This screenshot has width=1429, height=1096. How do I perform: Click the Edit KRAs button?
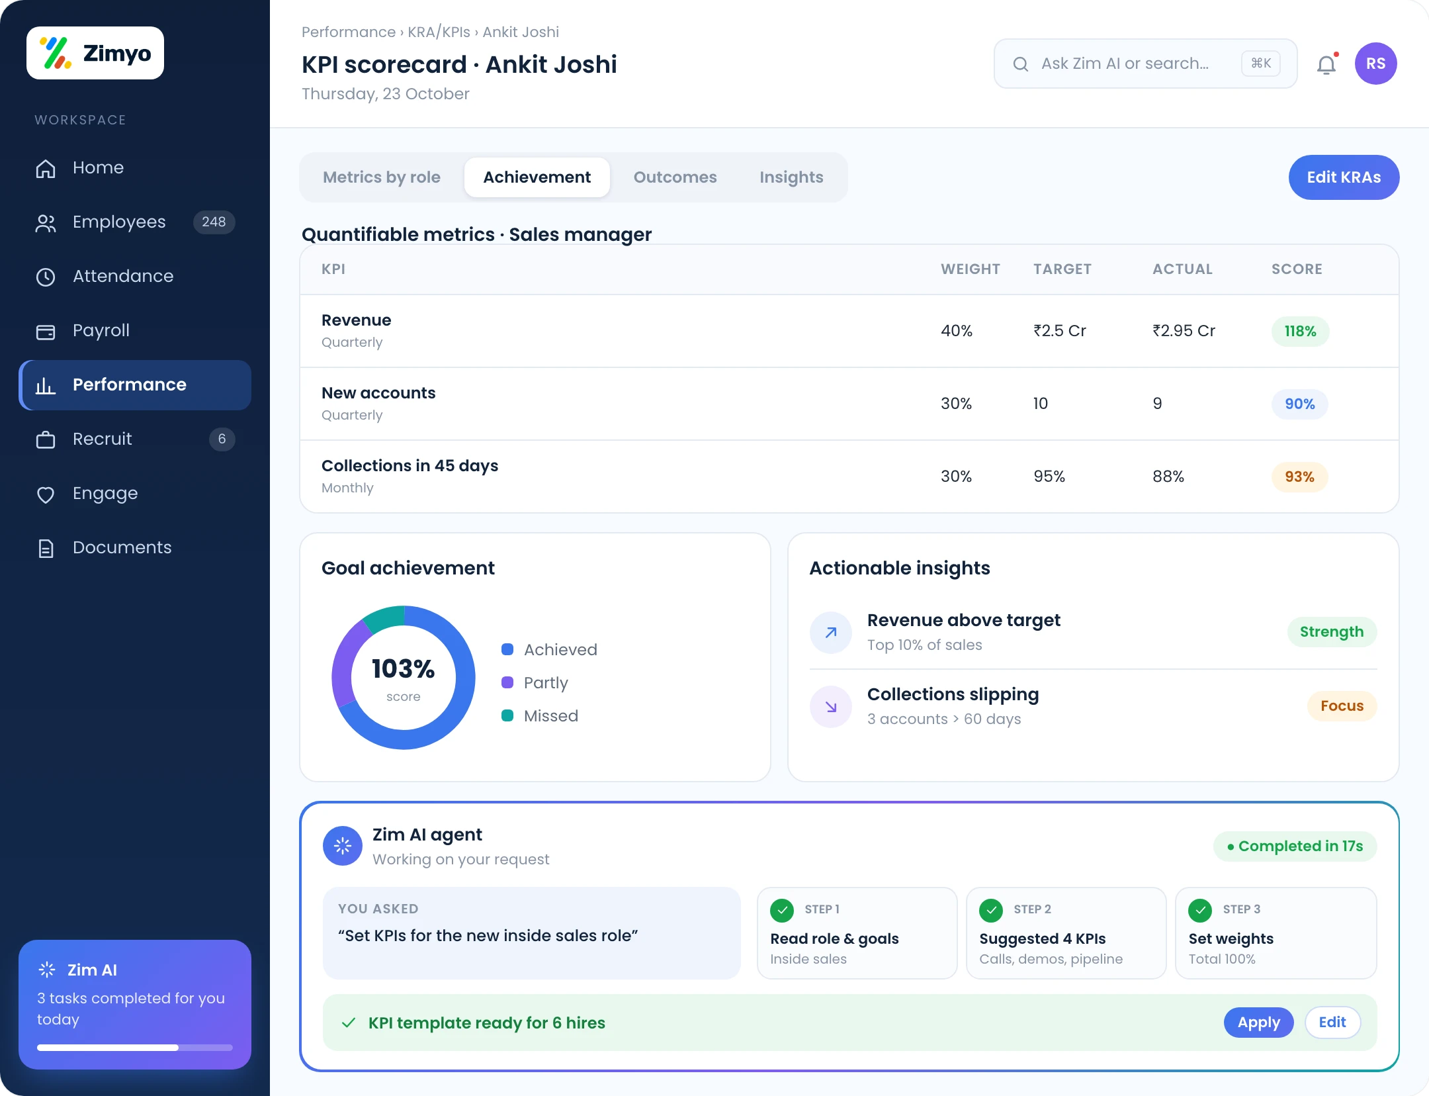(x=1344, y=177)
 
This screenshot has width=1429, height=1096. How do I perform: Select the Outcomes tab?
(x=675, y=177)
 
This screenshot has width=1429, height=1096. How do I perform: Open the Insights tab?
(x=791, y=177)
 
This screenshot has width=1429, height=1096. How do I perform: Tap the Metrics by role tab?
(x=382, y=177)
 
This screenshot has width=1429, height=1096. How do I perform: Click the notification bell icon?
(x=1326, y=64)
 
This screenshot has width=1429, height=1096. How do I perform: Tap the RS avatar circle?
(x=1375, y=64)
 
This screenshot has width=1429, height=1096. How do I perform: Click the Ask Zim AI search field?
(x=1145, y=64)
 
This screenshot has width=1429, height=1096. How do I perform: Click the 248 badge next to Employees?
(x=214, y=222)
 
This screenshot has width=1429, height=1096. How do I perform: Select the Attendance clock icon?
(x=46, y=277)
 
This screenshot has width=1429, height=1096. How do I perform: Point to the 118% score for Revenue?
(x=1300, y=331)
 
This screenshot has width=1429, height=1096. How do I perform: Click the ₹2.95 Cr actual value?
(x=1184, y=330)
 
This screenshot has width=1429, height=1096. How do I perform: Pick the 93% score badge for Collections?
(x=1299, y=477)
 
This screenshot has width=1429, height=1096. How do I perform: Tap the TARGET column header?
(x=1062, y=269)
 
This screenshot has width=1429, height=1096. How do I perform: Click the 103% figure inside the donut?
(x=403, y=668)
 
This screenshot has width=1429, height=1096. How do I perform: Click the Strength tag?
(x=1332, y=631)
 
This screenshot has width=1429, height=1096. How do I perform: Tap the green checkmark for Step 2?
(x=991, y=910)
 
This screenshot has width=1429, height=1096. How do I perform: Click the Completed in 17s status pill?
(x=1295, y=846)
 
